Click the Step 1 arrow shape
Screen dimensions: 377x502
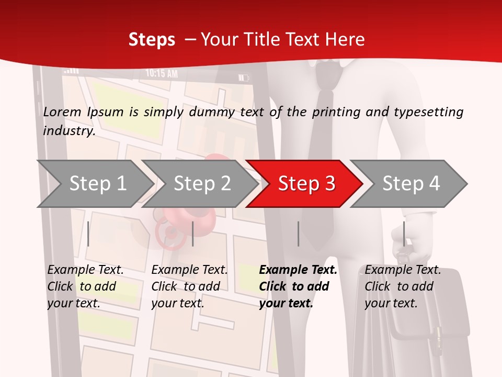pos(94,184)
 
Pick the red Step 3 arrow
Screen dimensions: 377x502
pos(306,184)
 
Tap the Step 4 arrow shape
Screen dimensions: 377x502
pos(410,184)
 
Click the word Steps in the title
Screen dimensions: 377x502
pos(152,40)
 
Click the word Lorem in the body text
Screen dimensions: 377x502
pos(62,112)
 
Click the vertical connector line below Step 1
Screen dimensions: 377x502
pos(88,234)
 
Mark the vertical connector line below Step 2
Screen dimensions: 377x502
pos(193,234)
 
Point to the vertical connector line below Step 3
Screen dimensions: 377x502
pos(298,234)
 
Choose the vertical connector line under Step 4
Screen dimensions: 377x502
pos(404,234)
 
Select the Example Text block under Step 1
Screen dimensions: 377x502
pos(86,286)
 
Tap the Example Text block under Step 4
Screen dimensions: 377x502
pos(403,286)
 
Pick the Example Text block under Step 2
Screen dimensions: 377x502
pos(189,286)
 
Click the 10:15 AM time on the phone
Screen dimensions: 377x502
pos(162,74)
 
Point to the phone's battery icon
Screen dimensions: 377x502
pos(244,78)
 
